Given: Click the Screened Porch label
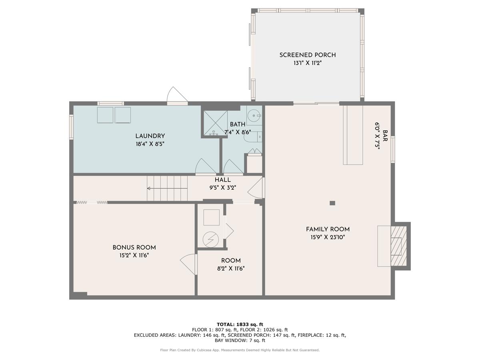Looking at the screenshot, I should pyautogui.click(x=308, y=55).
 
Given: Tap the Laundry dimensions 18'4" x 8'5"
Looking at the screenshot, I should pyautogui.click(x=150, y=144).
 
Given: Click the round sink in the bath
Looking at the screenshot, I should pyautogui.click(x=254, y=116).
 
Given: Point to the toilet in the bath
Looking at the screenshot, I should pyautogui.click(x=253, y=137).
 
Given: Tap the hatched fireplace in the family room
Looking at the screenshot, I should pyautogui.click(x=398, y=246).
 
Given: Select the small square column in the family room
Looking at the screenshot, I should pyautogui.click(x=332, y=203).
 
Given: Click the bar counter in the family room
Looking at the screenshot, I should pyautogui.click(x=353, y=135).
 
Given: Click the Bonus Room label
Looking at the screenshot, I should pyautogui.click(x=134, y=247).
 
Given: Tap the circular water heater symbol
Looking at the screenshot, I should pyautogui.click(x=211, y=239).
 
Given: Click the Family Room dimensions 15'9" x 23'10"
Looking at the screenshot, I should pyautogui.click(x=328, y=237).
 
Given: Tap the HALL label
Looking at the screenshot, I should pyautogui.click(x=222, y=180).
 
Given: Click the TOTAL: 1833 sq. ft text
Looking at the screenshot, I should pyautogui.click(x=240, y=324).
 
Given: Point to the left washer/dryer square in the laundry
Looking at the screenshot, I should pyautogui.click(x=105, y=115).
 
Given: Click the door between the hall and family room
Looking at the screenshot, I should pyautogui.click(x=257, y=188).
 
